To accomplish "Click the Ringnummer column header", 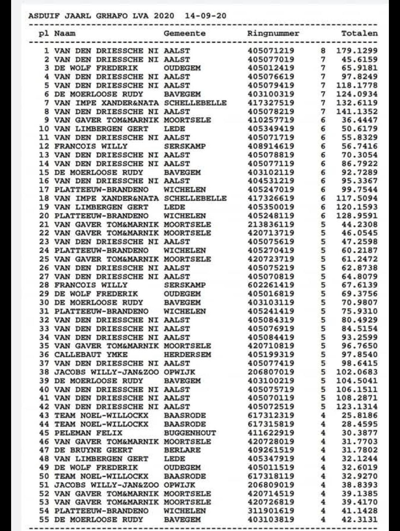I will (x=273, y=33).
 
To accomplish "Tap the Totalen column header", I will (x=359, y=33).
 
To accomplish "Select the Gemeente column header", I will (x=184, y=33).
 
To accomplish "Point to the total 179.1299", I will (x=357, y=51).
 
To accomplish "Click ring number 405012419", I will (x=271, y=68).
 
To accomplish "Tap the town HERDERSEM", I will (x=187, y=355).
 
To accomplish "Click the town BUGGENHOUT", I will (x=190, y=433).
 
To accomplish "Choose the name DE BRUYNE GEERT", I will (x=93, y=450).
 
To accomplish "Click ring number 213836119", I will (x=271, y=224).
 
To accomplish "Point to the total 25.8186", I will (x=359, y=415).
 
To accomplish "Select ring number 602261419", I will (x=271, y=285).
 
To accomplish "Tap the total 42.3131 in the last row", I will (x=359, y=520).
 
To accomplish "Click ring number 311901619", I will (x=271, y=511).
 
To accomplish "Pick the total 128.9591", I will (x=357, y=216).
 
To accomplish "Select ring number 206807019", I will (x=271, y=372).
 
